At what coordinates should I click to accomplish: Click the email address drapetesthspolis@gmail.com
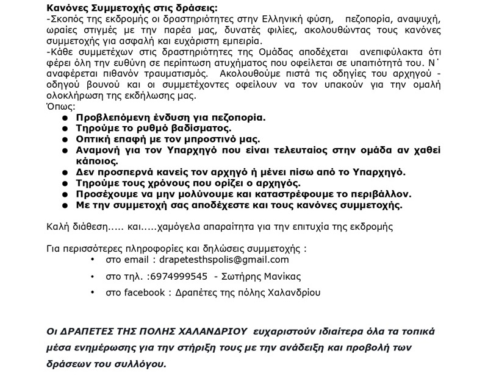coord(220,260)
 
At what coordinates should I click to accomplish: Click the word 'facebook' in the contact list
coord(143,293)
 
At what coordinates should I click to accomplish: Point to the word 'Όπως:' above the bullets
coord(59,106)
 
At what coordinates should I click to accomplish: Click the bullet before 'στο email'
coord(91,260)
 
